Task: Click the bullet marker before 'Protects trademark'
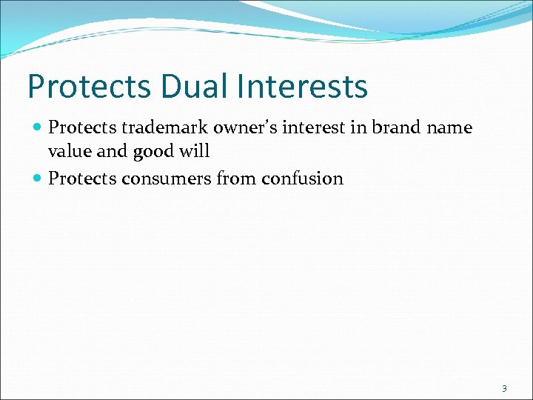point(38,128)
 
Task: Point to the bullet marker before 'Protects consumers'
point(38,179)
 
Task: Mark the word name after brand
point(450,128)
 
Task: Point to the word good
point(152,152)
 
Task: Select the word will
point(195,152)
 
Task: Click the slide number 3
point(504,388)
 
